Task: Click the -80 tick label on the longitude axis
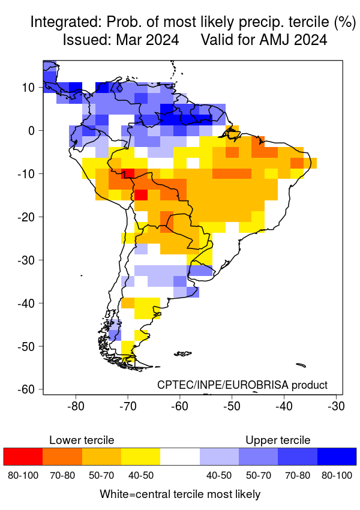tap(76, 406)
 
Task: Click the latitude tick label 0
tap(34, 130)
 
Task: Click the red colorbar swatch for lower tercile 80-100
tap(23, 457)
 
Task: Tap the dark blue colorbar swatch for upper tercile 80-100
tap(337, 457)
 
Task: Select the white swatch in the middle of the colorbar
tap(180, 457)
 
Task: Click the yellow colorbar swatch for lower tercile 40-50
tap(140, 457)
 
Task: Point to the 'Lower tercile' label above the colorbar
tap(82, 440)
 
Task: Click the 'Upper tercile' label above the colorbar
tap(278, 440)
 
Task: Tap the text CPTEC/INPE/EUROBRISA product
tap(242, 385)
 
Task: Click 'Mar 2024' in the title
tap(151, 40)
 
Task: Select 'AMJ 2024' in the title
tap(293, 40)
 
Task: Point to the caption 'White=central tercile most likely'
tap(180, 494)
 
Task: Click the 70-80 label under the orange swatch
tap(62, 476)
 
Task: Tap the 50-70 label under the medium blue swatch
tap(258, 476)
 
